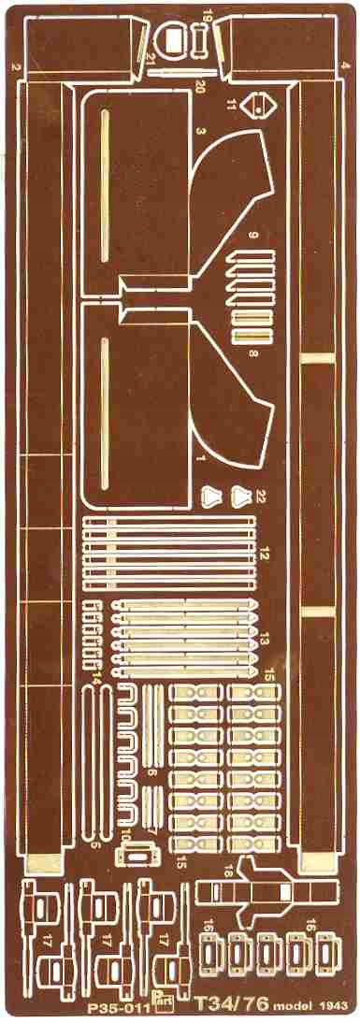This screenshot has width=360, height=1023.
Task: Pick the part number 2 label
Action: [x=16, y=67]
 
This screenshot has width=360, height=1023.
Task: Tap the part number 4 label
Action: [x=345, y=65]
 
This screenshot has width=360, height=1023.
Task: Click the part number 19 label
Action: [x=207, y=16]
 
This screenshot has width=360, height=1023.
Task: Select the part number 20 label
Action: [x=199, y=88]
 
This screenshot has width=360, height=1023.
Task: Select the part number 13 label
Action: [x=265, y=640]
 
